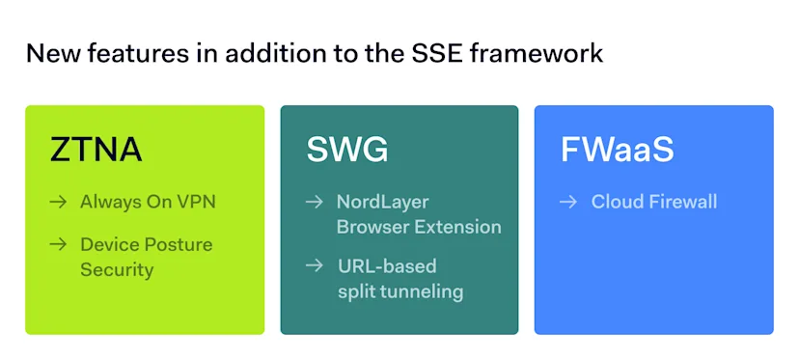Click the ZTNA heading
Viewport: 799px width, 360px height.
(x=96, y=150)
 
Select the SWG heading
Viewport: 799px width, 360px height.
(x=347, y=150)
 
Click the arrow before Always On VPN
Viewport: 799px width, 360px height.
(x=58, y=202)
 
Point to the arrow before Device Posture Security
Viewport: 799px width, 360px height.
(x=58, y=244)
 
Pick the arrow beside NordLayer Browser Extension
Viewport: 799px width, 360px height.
(x=314, y=202)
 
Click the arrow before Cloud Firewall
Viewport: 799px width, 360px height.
(x=569, y=202)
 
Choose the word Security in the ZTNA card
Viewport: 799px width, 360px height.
(x=117, y=269)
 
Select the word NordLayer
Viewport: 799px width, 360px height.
(x=381, y=202)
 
